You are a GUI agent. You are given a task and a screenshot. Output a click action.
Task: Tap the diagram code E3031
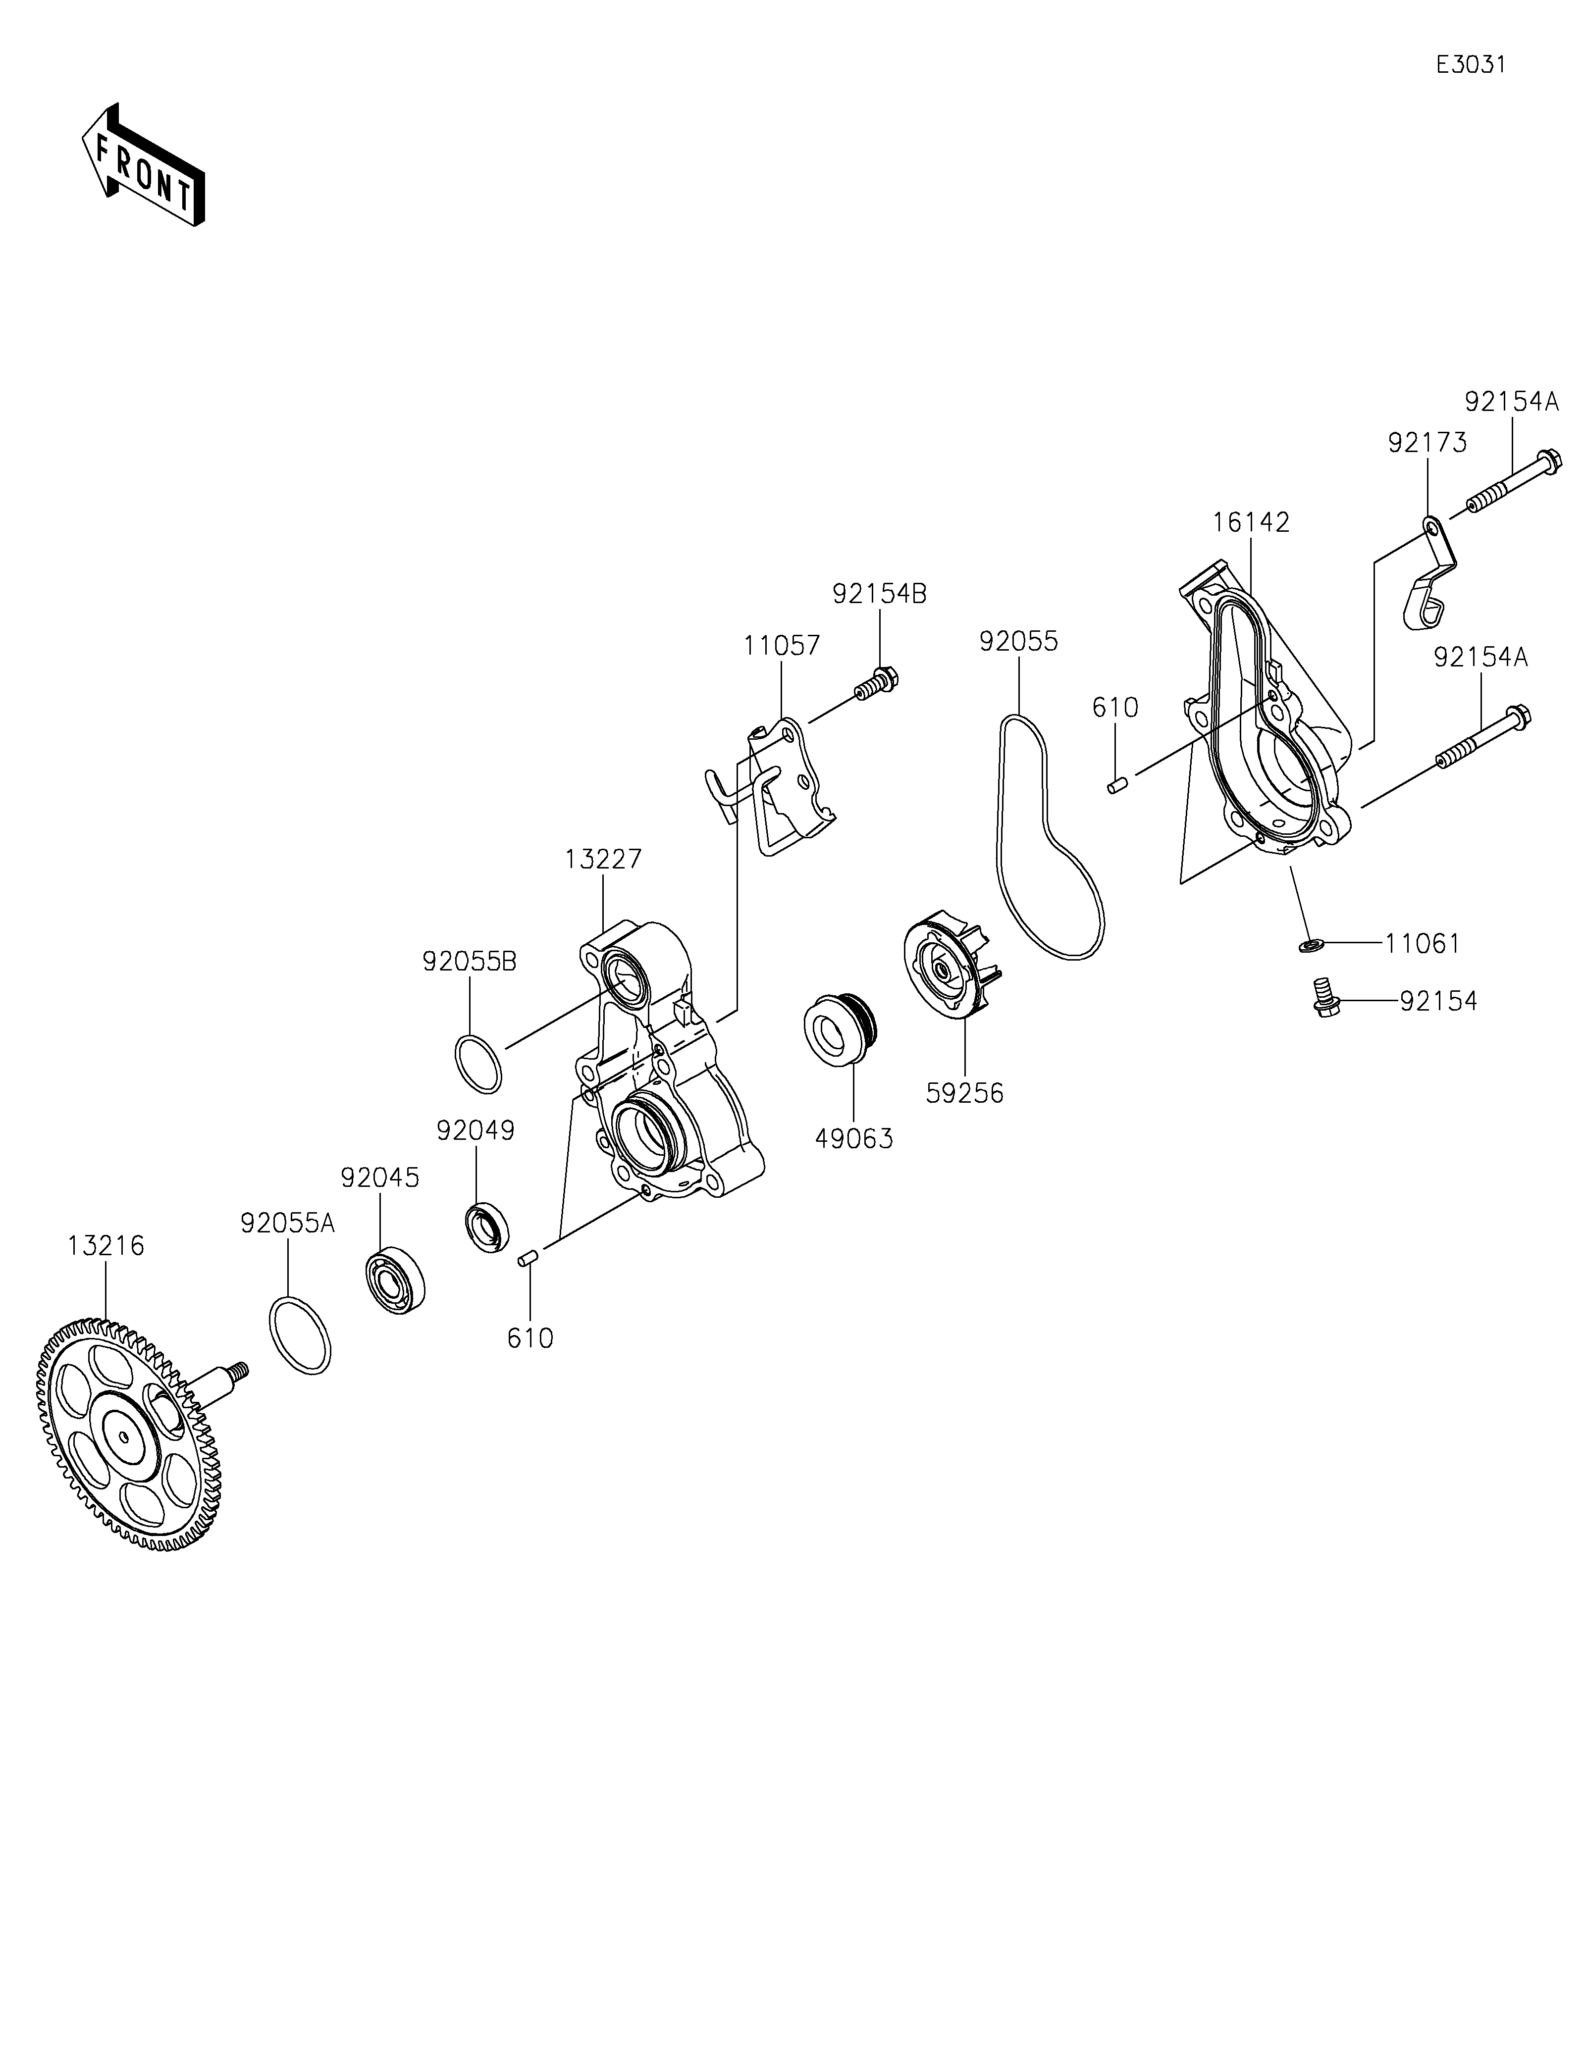click(x=1471, y=65)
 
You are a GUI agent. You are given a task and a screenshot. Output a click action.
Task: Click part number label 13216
click(x=106, y=1246)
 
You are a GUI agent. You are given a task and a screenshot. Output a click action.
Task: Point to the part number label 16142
click(x=1250, y=522)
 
